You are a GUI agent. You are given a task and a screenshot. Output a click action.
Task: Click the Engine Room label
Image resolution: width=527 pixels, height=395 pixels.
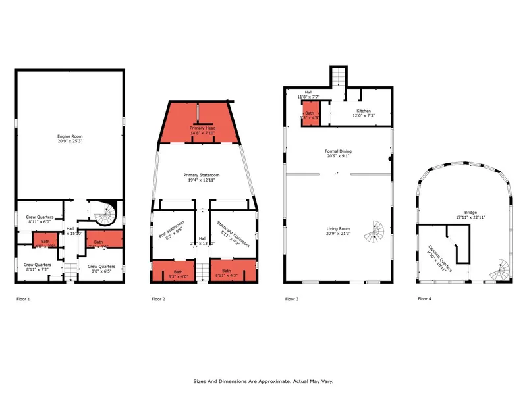(x=69, y=139)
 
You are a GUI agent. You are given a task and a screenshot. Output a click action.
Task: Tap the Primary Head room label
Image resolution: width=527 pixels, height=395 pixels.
(x=203, y=130)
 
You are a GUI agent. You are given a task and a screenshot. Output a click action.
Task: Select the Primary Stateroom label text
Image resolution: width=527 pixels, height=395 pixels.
(x=202, y=177)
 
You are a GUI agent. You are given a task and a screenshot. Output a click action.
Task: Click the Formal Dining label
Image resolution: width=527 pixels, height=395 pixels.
(x=338, y=153)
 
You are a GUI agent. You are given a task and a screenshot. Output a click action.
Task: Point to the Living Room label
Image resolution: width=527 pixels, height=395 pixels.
(x=338, y=231)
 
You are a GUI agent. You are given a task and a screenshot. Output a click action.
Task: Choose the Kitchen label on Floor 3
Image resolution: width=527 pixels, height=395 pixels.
(x=364, y=113)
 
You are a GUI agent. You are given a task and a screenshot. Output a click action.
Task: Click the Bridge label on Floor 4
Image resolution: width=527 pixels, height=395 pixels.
(x=466, y=215)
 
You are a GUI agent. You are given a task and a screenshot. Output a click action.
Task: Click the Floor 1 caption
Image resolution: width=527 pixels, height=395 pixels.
(x=23, y=299)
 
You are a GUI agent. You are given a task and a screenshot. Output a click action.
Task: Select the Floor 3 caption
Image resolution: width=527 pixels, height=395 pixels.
(x=292, y=299)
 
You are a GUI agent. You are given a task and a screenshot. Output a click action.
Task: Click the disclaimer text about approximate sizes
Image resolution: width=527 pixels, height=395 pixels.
(x=263, y=381)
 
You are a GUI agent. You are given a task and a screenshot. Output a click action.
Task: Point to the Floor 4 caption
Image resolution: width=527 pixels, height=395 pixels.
(x=425, y=299)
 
